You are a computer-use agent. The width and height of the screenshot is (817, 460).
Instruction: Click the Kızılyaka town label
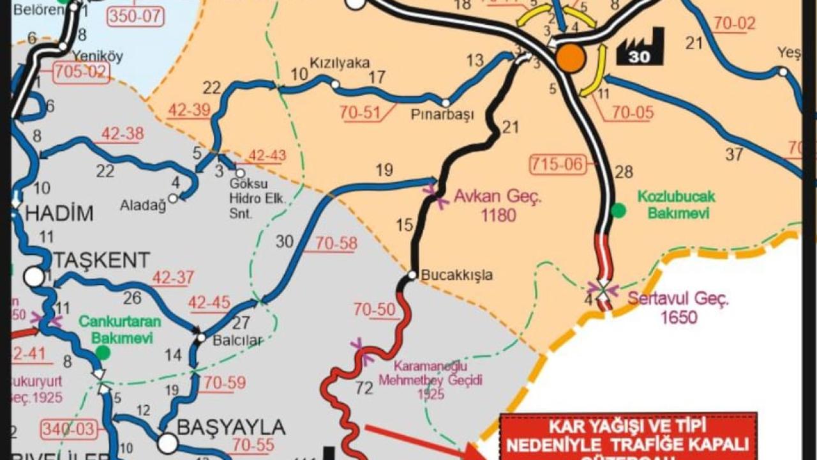(x=340, y=63)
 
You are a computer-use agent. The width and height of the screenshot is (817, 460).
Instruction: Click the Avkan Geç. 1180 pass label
(x=497, y=206)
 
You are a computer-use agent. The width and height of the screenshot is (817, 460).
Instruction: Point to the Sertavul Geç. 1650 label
(x=678, y=307)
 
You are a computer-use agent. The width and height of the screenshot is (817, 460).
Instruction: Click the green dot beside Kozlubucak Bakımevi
(x=618, y=210)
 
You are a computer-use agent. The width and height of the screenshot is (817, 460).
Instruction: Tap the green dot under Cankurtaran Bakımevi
(x=103, y=352)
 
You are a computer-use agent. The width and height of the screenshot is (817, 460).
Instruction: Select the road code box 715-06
(x=557, y=164)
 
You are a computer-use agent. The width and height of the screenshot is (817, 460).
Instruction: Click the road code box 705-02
(x=79, y=71)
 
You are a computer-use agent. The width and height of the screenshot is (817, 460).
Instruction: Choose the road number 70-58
(x=336, y=243)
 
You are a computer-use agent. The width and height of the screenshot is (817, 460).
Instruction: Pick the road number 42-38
(x=123, y=134)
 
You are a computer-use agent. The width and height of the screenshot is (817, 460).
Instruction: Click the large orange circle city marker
(x=571, y=58)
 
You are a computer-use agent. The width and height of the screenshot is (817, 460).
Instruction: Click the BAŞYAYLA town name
(x=230, y=426)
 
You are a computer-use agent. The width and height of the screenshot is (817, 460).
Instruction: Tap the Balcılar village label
(x=237, y=341)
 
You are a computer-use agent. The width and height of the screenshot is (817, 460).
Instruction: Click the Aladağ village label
(x=143, y=205)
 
